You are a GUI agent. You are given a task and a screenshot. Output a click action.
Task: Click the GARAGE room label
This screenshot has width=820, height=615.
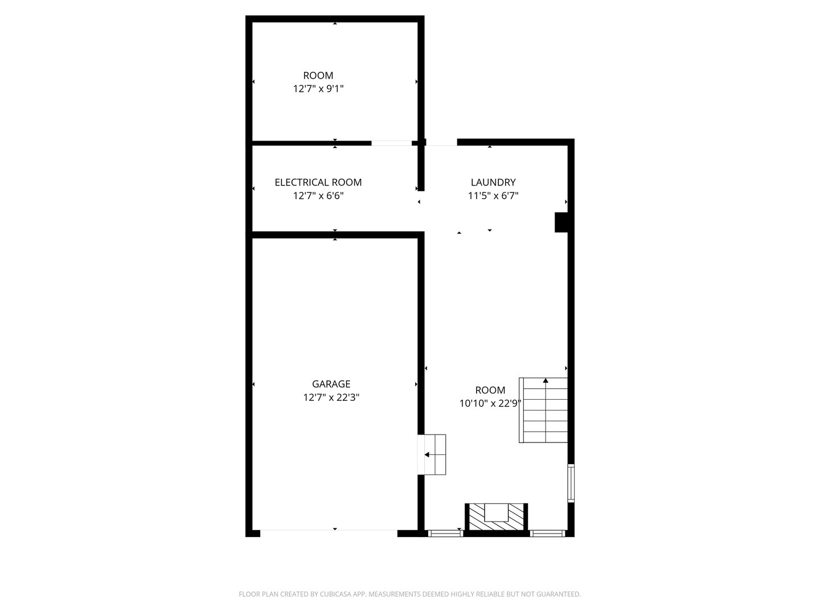point(331,384)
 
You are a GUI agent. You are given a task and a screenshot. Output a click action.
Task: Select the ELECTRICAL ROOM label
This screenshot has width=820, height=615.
point(318,182)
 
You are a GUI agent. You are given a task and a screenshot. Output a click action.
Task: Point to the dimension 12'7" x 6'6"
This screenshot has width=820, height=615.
point(318,196)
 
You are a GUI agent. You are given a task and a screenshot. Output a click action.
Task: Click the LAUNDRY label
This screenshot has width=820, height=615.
point(493,182)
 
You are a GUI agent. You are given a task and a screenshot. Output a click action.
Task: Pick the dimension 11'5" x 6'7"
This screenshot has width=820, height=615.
point(493,196)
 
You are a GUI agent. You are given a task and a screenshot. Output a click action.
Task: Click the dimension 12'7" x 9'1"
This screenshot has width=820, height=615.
point(318,89)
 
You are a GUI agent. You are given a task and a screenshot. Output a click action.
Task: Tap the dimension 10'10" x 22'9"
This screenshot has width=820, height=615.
point(490,404)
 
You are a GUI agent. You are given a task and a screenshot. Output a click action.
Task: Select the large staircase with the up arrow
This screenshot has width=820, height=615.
point(544,410)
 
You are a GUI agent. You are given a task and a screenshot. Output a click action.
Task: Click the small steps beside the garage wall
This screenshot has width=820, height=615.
point(434,454)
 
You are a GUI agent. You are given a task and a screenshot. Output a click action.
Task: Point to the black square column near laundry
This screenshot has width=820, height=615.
point(561,222)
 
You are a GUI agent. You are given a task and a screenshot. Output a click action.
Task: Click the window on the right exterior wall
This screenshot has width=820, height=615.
point(571,483)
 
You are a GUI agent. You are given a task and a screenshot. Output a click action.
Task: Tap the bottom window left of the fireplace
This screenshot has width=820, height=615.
point(445,534)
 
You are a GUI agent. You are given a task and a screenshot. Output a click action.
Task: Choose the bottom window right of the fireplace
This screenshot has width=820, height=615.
point(547,534)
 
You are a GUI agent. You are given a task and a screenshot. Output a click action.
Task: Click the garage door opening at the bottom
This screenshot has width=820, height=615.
point(329,532)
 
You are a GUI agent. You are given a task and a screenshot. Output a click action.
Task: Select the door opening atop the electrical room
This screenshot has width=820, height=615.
point(391,143)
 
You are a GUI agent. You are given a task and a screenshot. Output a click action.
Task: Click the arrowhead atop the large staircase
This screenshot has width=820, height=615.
point(546,380)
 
